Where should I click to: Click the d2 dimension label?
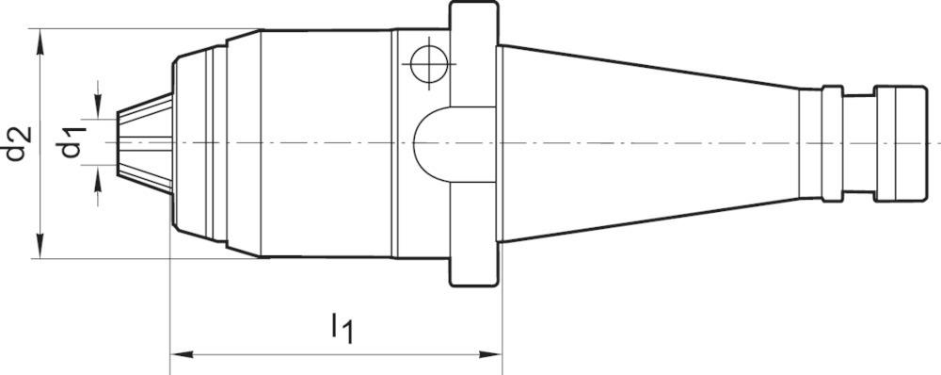coord(18,143)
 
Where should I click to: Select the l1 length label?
coord(343,328)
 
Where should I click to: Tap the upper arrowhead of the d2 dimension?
coord(40,42)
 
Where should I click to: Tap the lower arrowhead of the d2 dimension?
coord(40,245)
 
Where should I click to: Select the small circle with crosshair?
coord(429,63)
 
